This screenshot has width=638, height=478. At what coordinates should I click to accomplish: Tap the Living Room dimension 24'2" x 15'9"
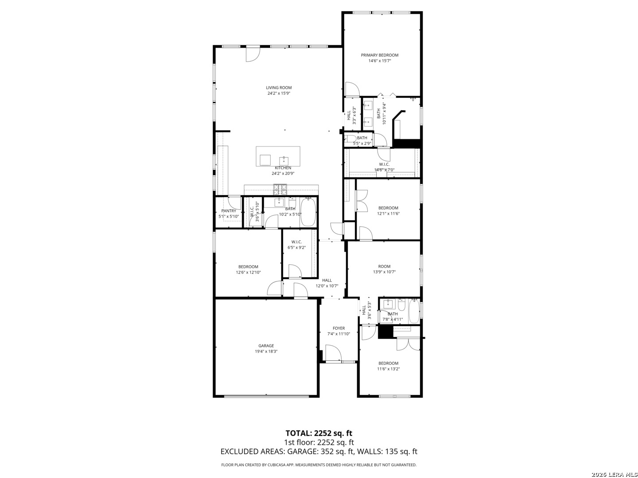point(279,93)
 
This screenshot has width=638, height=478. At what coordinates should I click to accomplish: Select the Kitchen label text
point(283,168)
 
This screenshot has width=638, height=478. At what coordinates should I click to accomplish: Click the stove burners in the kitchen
point(280,189)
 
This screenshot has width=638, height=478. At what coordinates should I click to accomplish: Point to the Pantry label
point(229,211)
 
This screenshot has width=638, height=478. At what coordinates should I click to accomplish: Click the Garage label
point(266,346)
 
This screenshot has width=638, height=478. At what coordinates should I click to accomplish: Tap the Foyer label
point(338,328)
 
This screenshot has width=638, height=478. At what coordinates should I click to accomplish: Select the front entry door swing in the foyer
point(333,353)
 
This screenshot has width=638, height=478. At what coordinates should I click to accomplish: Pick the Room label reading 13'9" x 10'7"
point(384,266)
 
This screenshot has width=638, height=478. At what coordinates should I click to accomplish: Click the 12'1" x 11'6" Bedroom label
point(388,208)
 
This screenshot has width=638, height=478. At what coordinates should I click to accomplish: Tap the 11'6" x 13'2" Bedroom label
point(388,363)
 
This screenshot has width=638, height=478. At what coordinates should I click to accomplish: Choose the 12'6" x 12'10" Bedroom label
point(248,267)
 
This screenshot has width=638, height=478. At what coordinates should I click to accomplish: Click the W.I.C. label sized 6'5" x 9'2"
point(296,242)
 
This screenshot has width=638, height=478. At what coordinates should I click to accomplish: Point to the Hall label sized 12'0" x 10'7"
point(327,280)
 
